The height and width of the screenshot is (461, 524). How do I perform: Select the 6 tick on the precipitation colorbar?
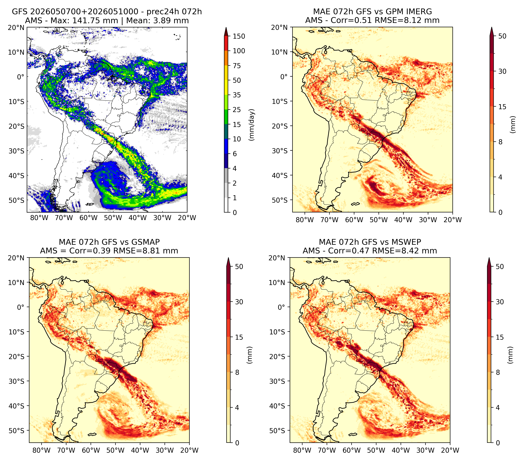click(235, 154)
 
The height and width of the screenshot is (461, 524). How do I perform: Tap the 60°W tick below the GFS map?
click(89, 218)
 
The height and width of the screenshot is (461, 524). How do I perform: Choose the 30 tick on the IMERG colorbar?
click(502, 71)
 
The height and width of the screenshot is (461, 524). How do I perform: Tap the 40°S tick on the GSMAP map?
click(18, 406)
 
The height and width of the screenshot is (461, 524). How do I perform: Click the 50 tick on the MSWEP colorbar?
click(500, 267)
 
